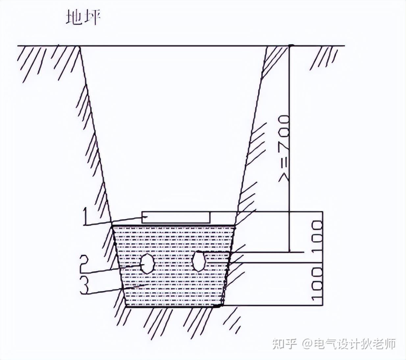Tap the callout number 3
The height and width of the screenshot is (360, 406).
click(x=85, y=285)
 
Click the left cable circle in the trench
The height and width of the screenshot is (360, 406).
click(x=147, y=263)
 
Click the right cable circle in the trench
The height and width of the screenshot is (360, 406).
click(x=198, y=261)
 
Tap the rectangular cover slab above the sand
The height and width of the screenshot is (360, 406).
click(x=176, y=217)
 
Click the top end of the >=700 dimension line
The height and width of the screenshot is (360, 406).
click(x=290, y=46)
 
